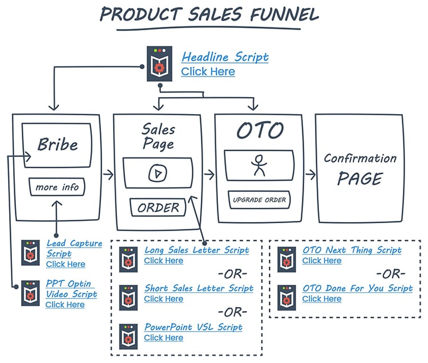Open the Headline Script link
[225, 57]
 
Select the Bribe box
[56, 145]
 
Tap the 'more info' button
[57, 187]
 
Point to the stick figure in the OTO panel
[259, 166]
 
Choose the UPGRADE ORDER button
[259, 200]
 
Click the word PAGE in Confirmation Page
[359, 179]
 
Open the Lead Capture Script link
[74, 248]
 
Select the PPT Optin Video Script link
[71, 289]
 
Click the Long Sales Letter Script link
[196, 250]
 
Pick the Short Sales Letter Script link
[199, 288]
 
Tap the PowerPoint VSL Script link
[193, 327]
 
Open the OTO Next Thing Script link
[352, 250]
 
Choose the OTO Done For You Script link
[357, 288]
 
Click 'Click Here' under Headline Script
[208, 72]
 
